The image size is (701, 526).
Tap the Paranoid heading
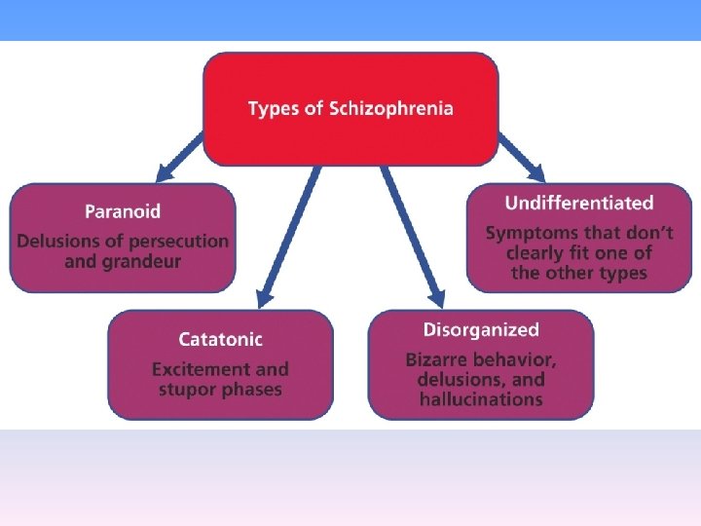123,210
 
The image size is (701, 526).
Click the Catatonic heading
220,339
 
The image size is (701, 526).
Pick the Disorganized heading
481,330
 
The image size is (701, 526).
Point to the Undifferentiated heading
578,203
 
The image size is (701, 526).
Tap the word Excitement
198,369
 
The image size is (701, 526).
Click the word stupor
185,390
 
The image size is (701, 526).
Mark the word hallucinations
481,399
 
